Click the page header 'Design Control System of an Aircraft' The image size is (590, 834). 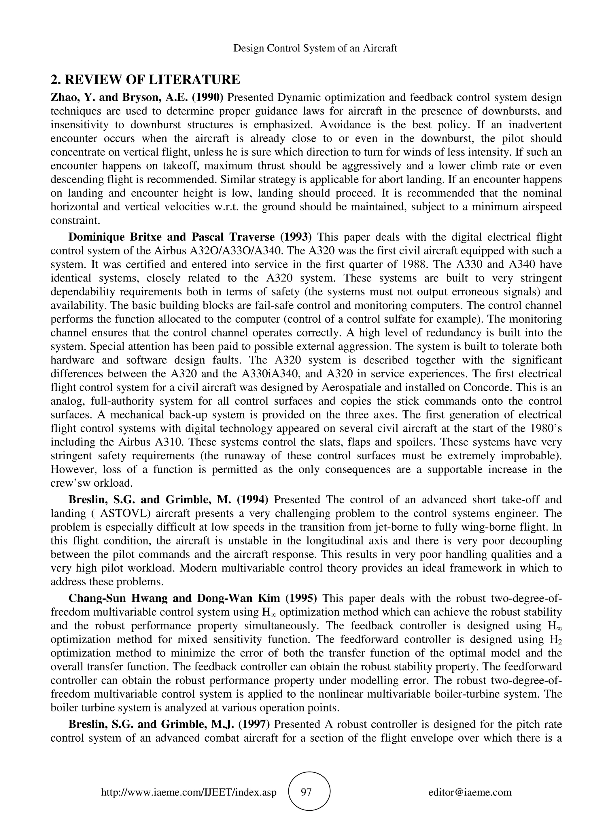315,48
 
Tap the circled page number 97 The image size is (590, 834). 307,792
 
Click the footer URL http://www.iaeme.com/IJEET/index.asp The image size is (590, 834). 188,792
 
